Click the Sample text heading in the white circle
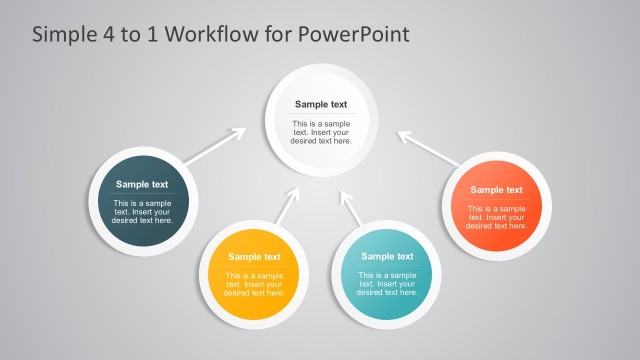coord(321,104)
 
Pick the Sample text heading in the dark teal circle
coord(142,184)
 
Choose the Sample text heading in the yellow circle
coord(254,257)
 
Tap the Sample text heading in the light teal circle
coord(387,257)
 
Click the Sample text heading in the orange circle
coord(497,190)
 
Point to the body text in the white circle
coord(321,132)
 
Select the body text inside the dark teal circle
coord(142,212)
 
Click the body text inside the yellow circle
coord(254,284)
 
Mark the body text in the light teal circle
coord(387,284)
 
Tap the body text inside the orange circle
coord(497,217)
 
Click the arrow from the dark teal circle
coord(214,146)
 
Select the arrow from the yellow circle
coord(287,207)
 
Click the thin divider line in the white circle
coord(321,115)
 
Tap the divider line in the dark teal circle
coord(142,194)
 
